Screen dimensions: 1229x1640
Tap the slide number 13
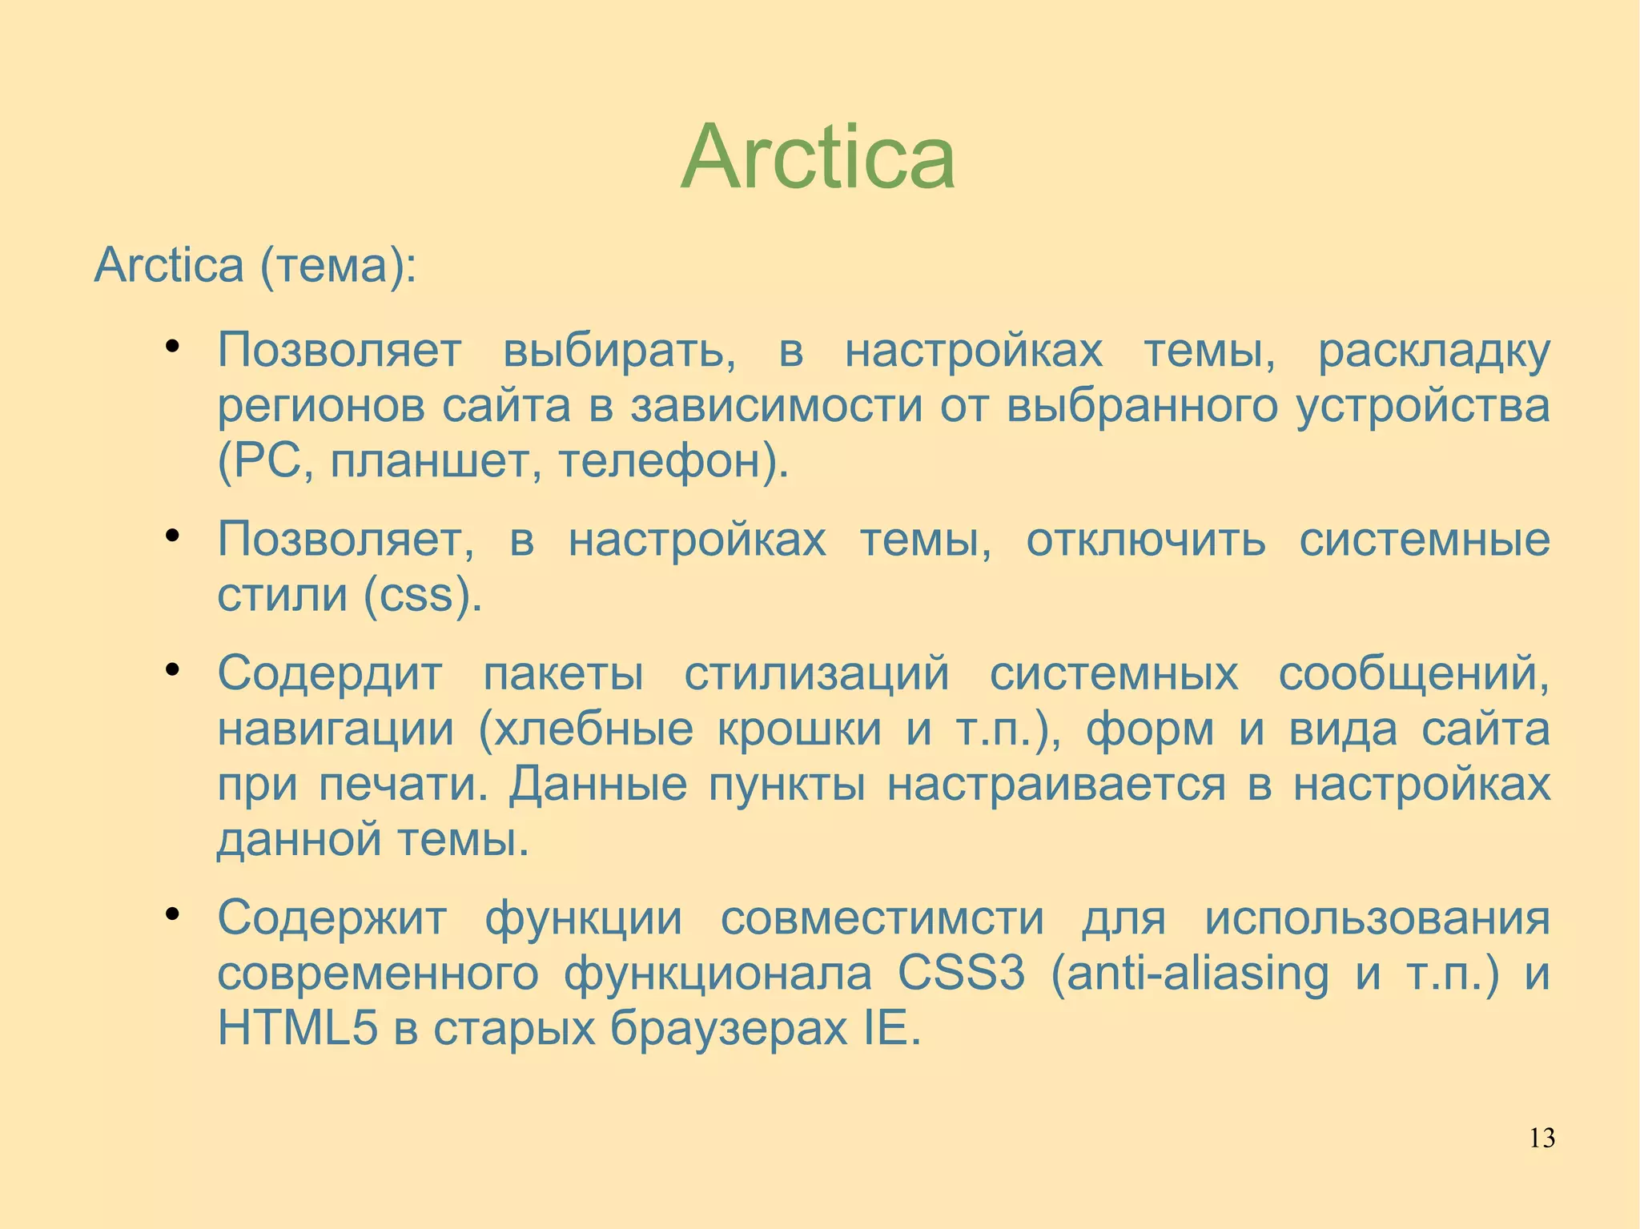[1542, 1138]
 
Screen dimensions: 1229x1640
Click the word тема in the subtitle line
[332, 265]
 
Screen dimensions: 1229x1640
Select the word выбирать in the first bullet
[619, 351]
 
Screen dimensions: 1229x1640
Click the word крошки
[798, 729]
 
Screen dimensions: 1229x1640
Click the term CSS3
[961, 974]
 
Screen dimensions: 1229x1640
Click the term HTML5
[297, 1028]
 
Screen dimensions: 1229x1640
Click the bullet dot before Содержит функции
[171, 914]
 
